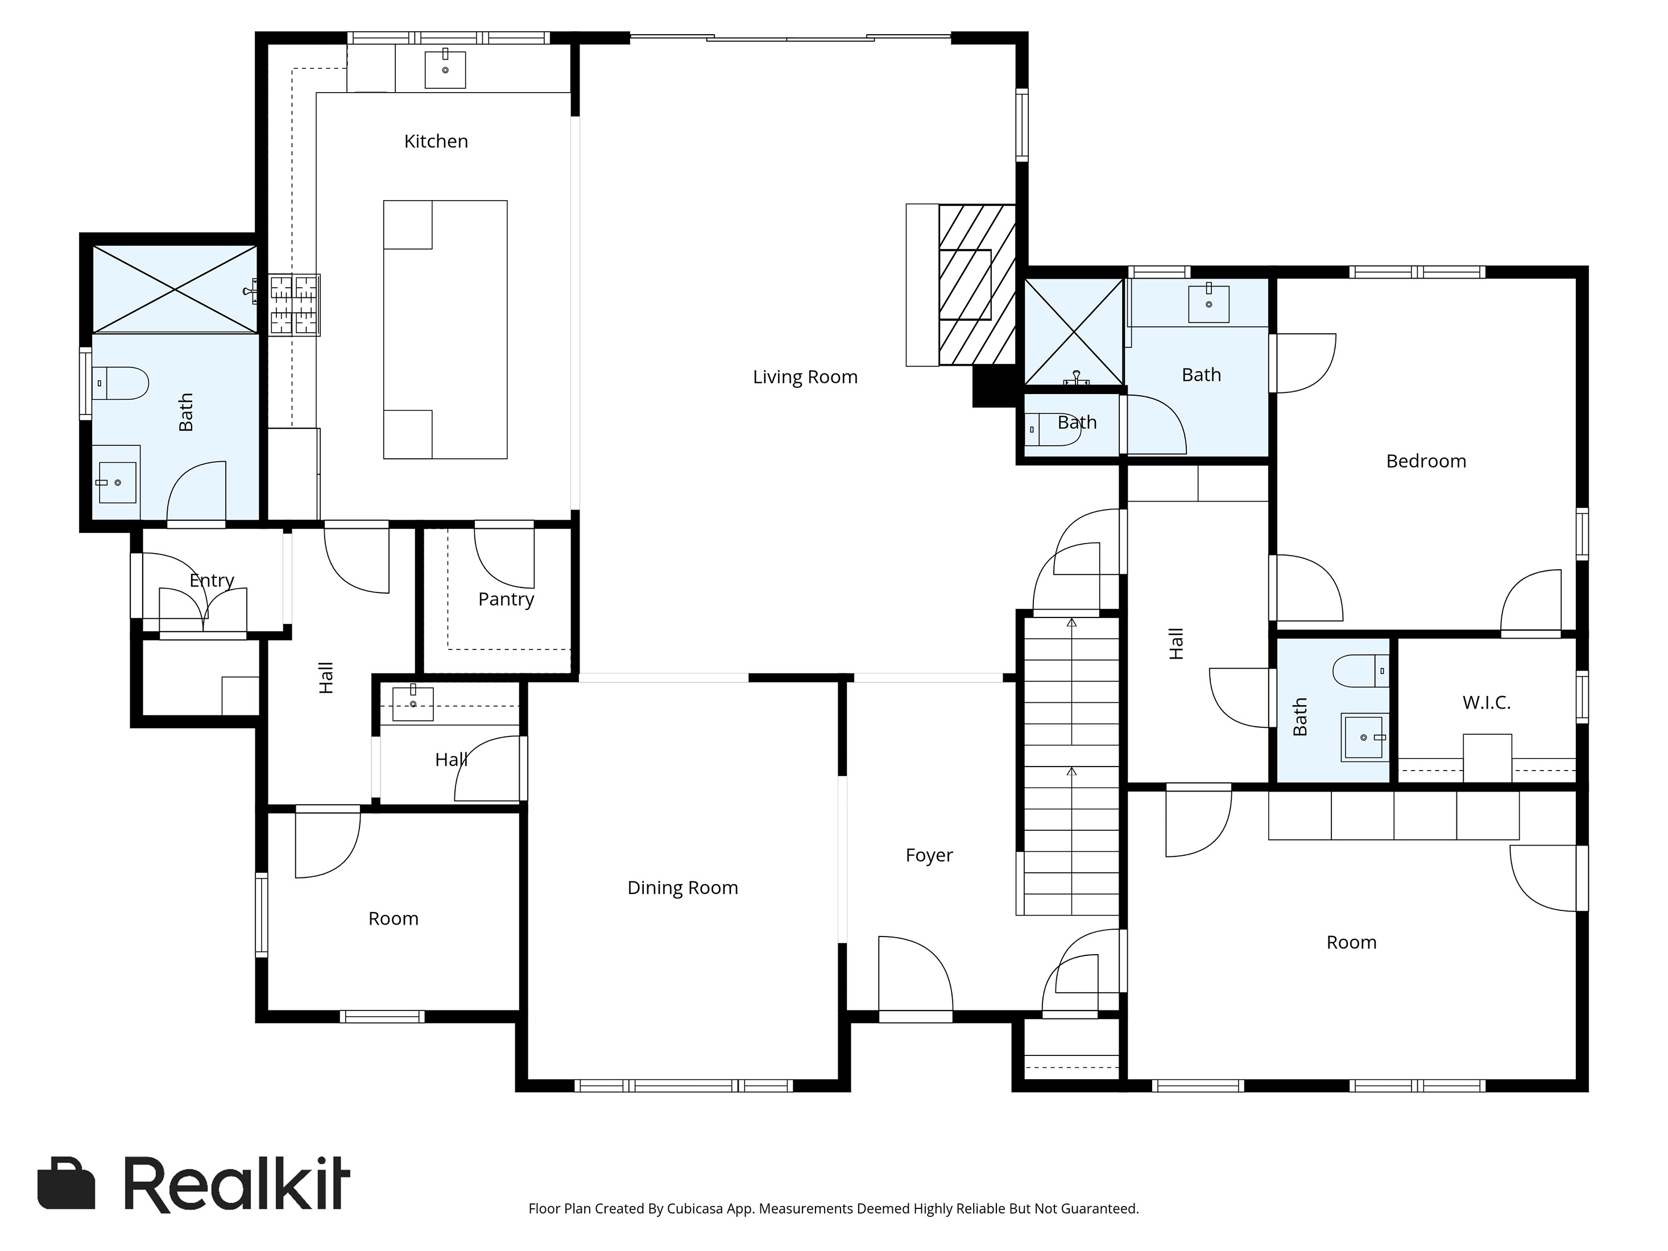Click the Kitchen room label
click(x=436, y=142)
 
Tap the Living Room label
click(x=805, y=377)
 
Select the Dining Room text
click(x=682, y=888)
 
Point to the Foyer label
click(x=929, y=856)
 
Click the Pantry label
click(x=506, y=599)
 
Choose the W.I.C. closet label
click(x=1486, y=703)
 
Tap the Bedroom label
click(x=1426, y=462)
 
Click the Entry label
click(x=212, y=581)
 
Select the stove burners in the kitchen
click(x=295, y=305)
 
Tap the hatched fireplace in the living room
click(x=977, y=285)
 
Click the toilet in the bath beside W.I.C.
click(x=1360, y=670)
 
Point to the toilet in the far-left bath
click(x=120, y=383)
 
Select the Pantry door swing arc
click(x=504, y=559)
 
